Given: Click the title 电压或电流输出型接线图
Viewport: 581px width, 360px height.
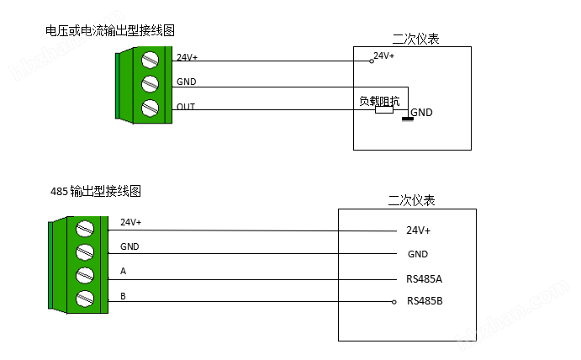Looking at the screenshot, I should [x=109, y=30].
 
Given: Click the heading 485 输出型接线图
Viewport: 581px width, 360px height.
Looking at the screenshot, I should [x=95, y=192].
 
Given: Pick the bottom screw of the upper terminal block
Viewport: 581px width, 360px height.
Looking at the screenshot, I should [x=151, y=108].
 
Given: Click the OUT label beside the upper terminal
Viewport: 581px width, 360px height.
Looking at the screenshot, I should [x=186, y=107].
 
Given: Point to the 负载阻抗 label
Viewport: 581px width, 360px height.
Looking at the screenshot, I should [x=378, y=101].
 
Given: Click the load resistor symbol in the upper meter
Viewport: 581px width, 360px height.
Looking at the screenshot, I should [x=384, y=110].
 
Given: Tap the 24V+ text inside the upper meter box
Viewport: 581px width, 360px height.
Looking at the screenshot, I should [x=384, y=56].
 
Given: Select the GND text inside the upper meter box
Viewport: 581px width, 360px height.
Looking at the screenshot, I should [x=421, y=113].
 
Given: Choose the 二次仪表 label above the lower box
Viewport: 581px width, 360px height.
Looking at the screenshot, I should [x=411, y=201].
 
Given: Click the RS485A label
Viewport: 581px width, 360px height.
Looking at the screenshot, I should [x=424, y=278].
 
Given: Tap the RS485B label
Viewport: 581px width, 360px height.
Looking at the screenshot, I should [x=424, y=301].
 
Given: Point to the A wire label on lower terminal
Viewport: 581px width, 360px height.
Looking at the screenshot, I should [x=124, y=272].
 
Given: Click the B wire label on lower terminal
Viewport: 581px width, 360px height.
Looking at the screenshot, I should [x=124, y=296].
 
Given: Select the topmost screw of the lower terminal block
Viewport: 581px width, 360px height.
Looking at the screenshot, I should [x=84, y=229].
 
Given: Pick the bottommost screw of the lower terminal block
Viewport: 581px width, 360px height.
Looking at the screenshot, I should [x=84, y=298].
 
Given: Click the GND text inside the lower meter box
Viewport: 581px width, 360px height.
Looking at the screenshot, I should [x=418, y=254].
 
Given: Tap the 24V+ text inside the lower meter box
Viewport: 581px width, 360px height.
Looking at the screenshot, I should [x=418, y=230].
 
